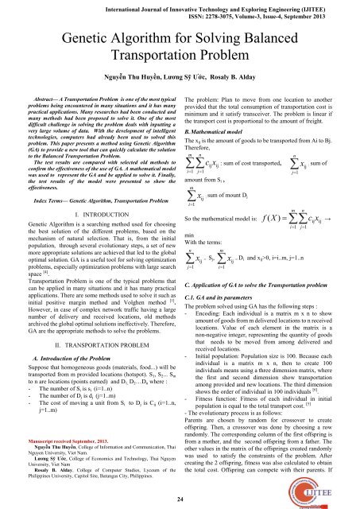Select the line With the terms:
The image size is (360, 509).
click(x=207, y=289)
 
